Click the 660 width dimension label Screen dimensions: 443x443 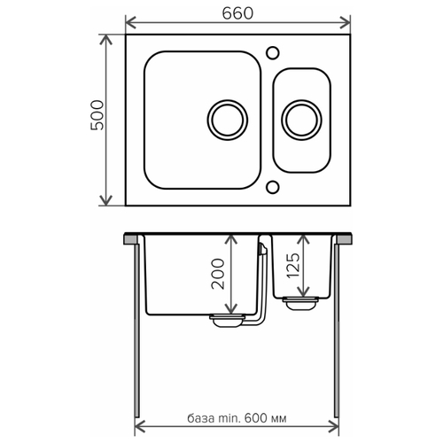[237, 13]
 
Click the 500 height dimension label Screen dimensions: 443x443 [97, 115]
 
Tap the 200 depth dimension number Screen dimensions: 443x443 [218, 274]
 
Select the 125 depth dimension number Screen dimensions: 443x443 [293, 265]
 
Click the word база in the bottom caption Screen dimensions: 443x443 [201, 418]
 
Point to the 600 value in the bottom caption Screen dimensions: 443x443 [256, 418]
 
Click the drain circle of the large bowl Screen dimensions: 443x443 [228, 120]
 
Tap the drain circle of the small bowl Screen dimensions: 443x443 [301, 120]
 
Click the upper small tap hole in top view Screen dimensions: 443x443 [273, 53]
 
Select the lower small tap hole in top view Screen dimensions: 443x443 [273, 187]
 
